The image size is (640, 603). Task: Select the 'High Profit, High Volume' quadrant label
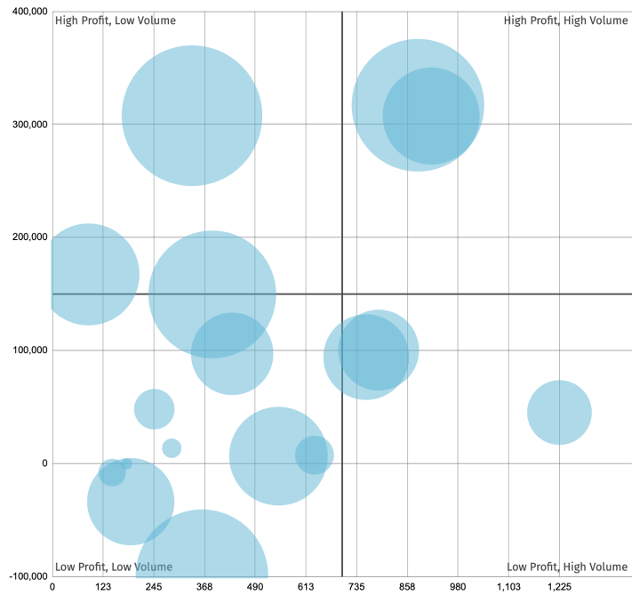point(565,20)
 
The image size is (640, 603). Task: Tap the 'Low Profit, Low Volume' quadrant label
point(114,567)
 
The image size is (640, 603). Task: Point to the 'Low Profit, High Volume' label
point(567,567)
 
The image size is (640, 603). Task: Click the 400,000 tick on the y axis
point(25,12)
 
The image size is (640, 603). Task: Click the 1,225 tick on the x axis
point(559,588)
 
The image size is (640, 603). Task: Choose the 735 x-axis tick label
point(356,588)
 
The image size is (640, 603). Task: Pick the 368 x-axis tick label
point(204,588)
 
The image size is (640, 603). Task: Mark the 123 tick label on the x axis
point(103,588)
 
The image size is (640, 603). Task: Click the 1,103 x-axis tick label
point(508,588)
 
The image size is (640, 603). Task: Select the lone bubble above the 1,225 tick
point(559,412)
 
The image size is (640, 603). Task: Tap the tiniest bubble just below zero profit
point(126,463)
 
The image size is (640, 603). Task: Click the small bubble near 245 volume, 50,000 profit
point(154,409)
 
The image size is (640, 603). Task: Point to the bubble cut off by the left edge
point(87,275)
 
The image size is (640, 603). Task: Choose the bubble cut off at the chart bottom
point(202,556)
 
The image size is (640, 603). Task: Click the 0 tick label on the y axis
point(41,463)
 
